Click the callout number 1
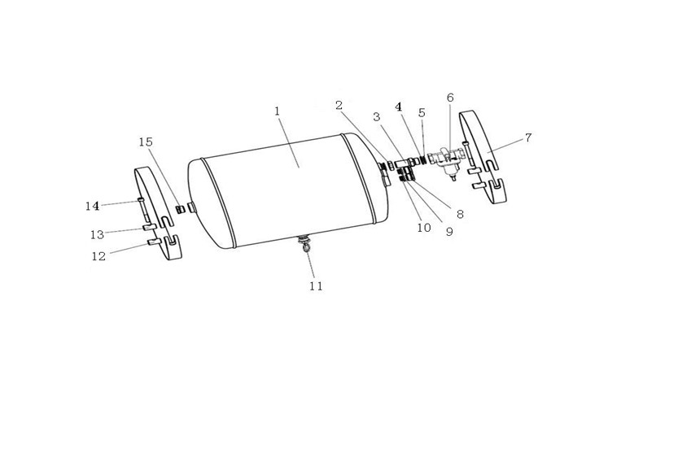(277, 111)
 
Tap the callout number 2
(339, 105)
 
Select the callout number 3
(377, 116)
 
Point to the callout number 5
(422, 113)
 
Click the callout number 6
(450, 98)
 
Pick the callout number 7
(528, 137)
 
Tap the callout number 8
(460, 214)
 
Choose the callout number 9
(449, 232)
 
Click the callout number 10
(424, 228)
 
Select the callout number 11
(316, 285)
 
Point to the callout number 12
(98, 256)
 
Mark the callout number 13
(98, 234)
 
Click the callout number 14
(92, 206)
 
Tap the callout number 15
(146, 142)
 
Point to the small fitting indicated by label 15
(180, 209)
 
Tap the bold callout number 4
(398, 107)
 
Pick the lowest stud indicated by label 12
(155, 242)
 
